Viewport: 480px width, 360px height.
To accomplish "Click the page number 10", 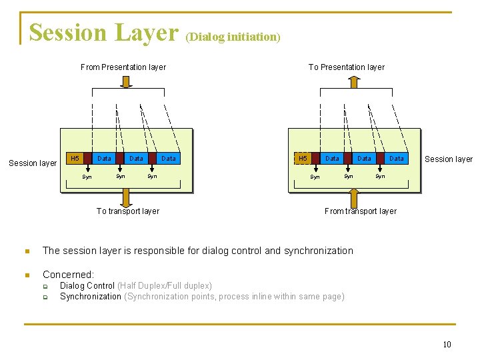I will (447, 344).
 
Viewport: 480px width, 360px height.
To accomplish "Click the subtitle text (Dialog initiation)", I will (233, 37).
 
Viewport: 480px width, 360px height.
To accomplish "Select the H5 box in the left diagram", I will (75, 159).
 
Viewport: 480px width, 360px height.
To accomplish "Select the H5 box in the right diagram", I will (303, 159).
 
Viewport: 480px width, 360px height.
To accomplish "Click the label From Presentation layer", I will (123, 67).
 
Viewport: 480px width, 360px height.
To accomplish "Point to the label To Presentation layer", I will (346, 67).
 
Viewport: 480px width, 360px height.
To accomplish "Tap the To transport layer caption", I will (127, 211).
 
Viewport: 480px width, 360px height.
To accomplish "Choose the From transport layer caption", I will (360, 211).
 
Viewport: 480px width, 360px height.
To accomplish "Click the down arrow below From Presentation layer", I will (125, 81).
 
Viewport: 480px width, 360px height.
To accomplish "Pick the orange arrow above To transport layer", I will (125, 197).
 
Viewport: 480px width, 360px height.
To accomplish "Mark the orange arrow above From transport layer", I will (353, 197).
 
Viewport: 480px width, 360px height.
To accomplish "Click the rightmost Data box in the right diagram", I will (397, 159).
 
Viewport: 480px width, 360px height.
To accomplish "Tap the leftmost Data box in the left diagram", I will (104, 159).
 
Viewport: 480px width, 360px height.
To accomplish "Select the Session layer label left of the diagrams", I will (33, 163).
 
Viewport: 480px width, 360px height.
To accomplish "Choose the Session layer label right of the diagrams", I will (449, 159).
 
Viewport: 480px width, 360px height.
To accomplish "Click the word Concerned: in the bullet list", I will (69, 275).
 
